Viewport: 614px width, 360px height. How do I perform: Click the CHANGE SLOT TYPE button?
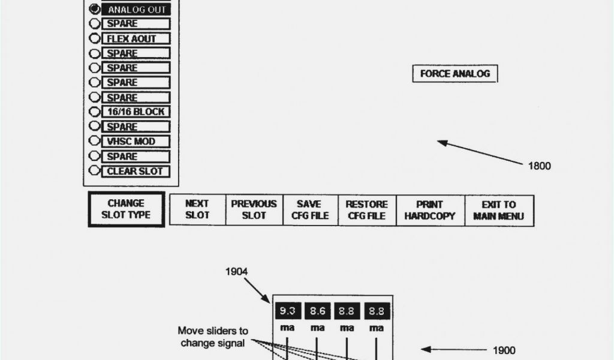pyautogui.click(x=126, y=209)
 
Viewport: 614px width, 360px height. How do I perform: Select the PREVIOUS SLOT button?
pyautogui.click(x=254, y=210)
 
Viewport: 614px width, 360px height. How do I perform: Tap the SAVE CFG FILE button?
pyautogui.click(x=310, y=210)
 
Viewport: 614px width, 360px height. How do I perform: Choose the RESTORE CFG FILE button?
pyautogui.click(x=366, y=210)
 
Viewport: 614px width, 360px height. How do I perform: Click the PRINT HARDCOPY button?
pyautogui.click(x=429, y=210)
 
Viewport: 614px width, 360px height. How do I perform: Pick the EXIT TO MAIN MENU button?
pyautogui.click(x=498, y=210)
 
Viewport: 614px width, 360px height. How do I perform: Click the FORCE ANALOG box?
pyautogui.click(x=455, y=74)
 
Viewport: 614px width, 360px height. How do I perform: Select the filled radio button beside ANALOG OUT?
pyautogui.click(x=95, y=10)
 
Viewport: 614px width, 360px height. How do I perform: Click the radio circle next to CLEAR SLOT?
pyautogui.click(x=94, y=171)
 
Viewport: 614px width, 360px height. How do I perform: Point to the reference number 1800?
pyautogui.click(x=539, y=166)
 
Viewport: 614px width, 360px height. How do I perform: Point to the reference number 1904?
pyautogui.click(x=236, y=272)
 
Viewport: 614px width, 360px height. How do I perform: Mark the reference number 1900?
pyautogui.click(x=504, y=350)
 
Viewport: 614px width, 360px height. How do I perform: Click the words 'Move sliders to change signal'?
pyautogui.click(x=213, y=337)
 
